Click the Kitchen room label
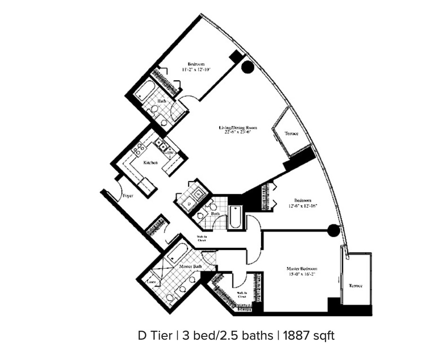click(151, 163)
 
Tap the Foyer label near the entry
click(128, 195)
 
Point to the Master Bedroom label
click(302, 269)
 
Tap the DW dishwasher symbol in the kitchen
click(170, 152)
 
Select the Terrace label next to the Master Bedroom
click(356, 286)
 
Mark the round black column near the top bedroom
click(247, 67)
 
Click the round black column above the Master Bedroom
click(333, 230)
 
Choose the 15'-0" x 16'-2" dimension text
click(302, 274)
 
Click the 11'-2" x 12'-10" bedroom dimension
click(196, 69)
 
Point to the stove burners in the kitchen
click(139, 150)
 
